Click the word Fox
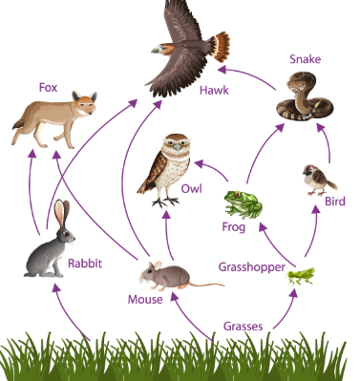(48, 87)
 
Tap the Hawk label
(214, 91)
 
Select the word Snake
(305, 59)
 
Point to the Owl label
(192, 188)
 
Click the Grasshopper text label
(251, 267)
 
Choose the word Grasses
(244, 327)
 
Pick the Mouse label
(145, 299)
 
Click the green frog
(244, 204)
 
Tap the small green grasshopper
(301, 276)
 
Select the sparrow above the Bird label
(318, 180)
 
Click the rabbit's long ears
(62, 213)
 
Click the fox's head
(84, 102)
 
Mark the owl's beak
(177, 147)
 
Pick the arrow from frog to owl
(213, 169)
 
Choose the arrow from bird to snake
(326, 142)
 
